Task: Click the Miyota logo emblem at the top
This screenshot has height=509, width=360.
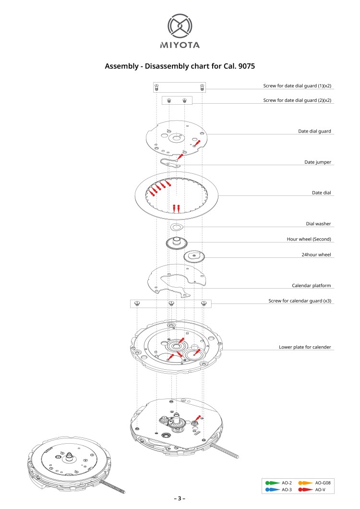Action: tap(180, 26)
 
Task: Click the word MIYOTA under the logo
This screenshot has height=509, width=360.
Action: tap(180, 45)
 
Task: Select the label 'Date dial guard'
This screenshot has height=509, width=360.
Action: tap(314, 131)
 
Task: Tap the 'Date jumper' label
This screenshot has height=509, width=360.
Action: tap(318, 162)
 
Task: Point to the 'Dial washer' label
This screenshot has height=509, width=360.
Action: tap(318, 223)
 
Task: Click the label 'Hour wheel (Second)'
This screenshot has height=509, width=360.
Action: tap(309, 239)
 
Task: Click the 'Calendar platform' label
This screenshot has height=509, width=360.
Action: tap(311, 285)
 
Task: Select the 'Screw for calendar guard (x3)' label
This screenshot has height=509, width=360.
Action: tap(300, 301)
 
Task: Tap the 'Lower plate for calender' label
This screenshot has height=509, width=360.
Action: tap(305, 346)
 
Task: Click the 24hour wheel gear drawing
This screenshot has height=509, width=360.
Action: tap(194, 256)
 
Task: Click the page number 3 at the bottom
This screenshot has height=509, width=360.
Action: tap(180, 498)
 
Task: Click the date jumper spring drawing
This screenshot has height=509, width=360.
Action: tap(170, 163)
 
